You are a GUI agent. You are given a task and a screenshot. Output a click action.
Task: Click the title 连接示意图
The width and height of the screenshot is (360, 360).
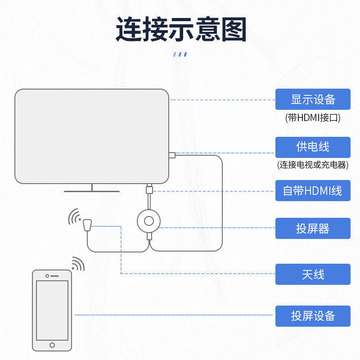coord(181,30)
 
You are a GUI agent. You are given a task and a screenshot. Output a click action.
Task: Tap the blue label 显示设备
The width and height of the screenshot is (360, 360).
coord(313,99)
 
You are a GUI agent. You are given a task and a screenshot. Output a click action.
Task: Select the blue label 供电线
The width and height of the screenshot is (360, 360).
coord(313,147)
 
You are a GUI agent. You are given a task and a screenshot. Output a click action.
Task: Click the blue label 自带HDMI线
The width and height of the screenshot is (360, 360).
coord(313,190)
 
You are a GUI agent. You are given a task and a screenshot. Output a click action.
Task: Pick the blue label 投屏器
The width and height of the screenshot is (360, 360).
coord(313,228)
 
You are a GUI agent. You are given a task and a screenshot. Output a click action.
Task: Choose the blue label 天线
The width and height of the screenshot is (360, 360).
coord(313,274)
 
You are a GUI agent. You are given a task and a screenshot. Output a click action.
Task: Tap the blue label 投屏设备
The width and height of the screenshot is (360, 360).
coord(313,315)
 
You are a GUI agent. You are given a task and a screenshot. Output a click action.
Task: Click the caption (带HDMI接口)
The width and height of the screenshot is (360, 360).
coord(313,118)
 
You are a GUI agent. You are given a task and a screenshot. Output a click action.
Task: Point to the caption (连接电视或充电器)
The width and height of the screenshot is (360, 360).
coord(313,165)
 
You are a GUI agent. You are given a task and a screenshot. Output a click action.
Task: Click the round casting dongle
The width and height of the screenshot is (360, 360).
coord(149,220)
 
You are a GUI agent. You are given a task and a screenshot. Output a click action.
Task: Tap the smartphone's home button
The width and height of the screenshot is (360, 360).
coord(52,345)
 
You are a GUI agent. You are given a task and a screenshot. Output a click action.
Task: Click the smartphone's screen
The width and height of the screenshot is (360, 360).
coord(52,310)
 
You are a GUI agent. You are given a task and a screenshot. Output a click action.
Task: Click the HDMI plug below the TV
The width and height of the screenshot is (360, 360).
coord(149,189)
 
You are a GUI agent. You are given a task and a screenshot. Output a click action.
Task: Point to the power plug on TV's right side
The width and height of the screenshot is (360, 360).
coord(172,155)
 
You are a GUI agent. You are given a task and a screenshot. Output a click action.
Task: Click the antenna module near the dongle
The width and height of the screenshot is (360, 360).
coord(87,224)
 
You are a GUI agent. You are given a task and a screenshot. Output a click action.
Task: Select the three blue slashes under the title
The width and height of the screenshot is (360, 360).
coord(180,54)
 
